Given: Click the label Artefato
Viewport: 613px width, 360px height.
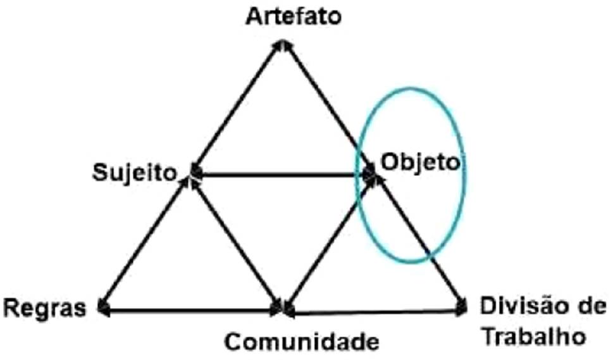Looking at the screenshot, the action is (x=294, y=15).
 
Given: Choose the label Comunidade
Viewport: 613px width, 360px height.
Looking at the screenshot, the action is (x=302, y=342).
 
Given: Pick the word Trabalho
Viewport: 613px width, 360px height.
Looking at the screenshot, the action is (x=534, y=335).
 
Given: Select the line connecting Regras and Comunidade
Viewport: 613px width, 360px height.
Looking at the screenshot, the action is (x=190, y=310).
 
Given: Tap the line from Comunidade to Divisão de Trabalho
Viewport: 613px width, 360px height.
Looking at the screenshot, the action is (x=373, y=311).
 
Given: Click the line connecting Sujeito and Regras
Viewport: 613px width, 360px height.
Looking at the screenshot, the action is (x=144, y=240).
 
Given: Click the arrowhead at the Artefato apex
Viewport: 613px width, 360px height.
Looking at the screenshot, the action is (x=284, y=46).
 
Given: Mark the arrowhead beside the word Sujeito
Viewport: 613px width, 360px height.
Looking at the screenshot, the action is (x=195, y=171).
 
